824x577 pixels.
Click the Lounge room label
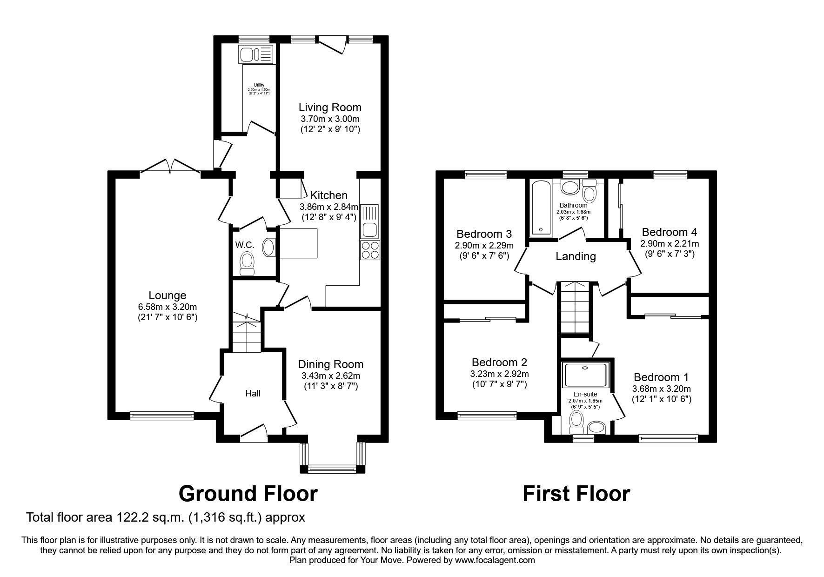pos(167,295)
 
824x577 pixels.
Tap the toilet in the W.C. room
pos(247,263)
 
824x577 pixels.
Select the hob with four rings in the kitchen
pos(370,250)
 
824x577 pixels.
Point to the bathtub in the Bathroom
pos(540,208)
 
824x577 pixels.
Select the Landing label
pos(576,256)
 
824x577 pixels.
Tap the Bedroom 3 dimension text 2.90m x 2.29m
pos(484,245)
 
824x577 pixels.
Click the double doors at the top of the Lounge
pos(170,166)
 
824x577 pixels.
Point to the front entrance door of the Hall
pos(253,432)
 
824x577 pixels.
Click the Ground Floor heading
pos(248,494)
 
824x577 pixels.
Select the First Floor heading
pos(576,494)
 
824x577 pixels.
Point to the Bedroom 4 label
pos(669,232)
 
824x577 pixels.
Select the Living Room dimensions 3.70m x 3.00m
pos(330,119)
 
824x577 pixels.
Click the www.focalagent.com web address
pos(495,560)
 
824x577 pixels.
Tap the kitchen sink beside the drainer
pos(370,229)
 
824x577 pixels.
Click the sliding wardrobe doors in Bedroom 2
pos(487,319)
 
